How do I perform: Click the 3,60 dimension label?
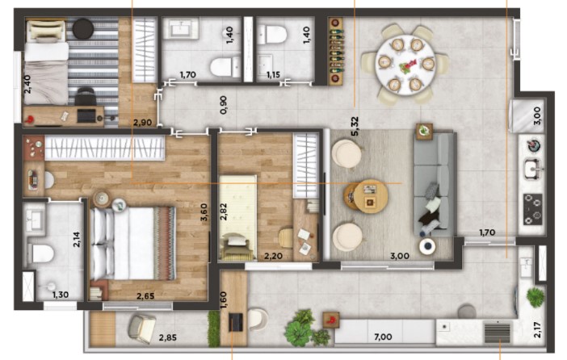204,216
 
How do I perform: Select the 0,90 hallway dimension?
225,105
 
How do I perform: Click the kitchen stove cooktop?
532,208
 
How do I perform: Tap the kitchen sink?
532,170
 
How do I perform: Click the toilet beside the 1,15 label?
275,36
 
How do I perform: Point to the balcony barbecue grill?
496,331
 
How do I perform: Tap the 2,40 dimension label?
27,85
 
